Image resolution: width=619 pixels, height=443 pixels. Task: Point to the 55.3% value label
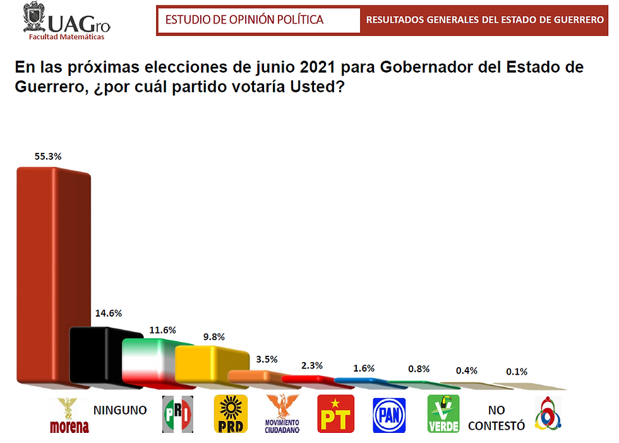point(49,157)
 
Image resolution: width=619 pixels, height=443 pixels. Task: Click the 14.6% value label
point(109,313)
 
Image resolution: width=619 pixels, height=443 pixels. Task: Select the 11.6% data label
point(163,330)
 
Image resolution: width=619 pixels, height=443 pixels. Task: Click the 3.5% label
point(267,359)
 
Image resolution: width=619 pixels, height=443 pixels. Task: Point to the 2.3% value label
point(311,365)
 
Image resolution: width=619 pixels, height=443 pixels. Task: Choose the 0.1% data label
point(516,372)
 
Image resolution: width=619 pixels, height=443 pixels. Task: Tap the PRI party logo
point(177,415)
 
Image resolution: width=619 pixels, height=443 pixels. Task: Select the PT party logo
point(336,414)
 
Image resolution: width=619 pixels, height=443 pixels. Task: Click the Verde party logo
point(443,414)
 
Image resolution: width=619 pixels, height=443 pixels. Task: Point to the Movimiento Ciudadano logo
point(282,414)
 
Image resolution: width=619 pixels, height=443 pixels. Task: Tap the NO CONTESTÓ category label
point(496,418)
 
